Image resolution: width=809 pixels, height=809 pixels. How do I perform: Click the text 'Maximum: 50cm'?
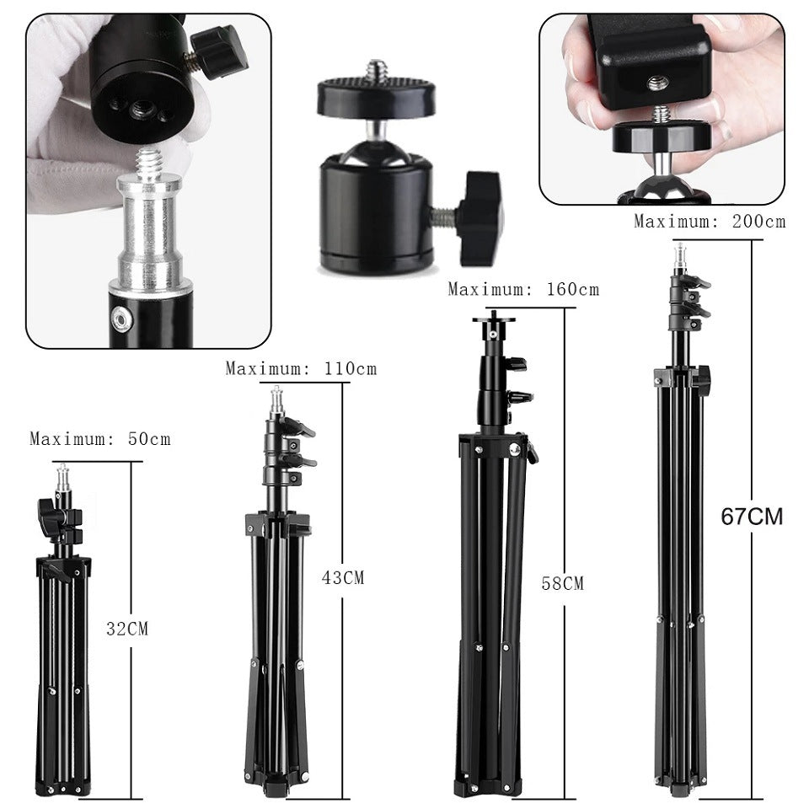99,439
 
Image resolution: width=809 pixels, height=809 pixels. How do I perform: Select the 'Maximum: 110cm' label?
301,368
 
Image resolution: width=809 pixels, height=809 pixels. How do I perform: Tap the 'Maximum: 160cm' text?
523,290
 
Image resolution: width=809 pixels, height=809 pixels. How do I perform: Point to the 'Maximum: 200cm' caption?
710,222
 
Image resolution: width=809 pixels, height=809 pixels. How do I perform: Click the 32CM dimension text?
127,628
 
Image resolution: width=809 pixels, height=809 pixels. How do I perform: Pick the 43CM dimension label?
343,578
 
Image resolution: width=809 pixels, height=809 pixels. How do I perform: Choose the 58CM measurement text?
562,583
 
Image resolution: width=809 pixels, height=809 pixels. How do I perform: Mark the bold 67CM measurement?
752,517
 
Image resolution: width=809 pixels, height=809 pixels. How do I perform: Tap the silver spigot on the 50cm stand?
62,482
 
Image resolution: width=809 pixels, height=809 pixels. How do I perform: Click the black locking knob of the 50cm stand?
47,516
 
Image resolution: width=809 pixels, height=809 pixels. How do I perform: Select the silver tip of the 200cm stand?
679,255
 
